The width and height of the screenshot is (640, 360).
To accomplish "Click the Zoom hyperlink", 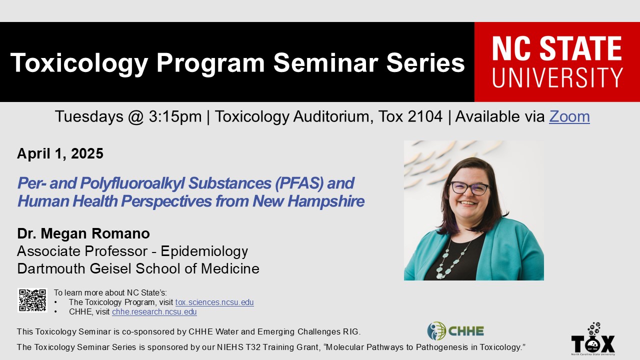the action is (x=569, y=116).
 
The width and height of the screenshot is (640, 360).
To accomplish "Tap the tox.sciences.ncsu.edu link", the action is (x=214, y=302).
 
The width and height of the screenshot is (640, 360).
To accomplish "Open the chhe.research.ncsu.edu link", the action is (x=154, y=311).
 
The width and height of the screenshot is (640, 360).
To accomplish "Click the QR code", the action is (x=32, y=300).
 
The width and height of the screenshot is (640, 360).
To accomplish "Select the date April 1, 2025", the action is (x=60, y=153).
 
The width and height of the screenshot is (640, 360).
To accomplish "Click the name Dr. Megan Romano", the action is (x=83, y=233).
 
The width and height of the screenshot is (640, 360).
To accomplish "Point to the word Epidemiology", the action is (x=204, y=251).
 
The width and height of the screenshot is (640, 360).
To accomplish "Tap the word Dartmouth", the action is (x=51, y=269).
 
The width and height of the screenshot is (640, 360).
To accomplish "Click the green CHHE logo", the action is (x=455, y=331).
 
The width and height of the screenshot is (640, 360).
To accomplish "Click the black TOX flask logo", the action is (x=593, y=339).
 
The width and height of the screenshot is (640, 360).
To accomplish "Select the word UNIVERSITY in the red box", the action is (x=557, y=77).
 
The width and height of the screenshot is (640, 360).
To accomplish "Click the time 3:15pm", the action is (x=175, y=116).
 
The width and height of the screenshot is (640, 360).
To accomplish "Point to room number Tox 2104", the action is (x=410, y=116).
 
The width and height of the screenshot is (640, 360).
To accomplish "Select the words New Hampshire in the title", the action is (x=308, y=201).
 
